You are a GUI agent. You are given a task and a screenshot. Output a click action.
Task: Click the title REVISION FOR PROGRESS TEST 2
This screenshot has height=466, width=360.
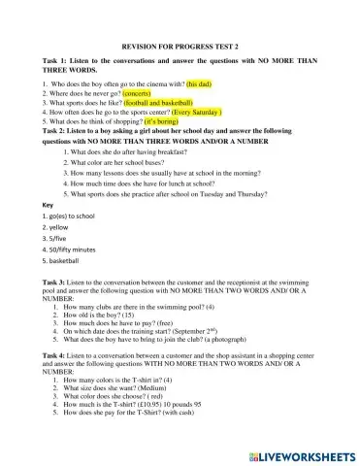click(180, 46)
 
